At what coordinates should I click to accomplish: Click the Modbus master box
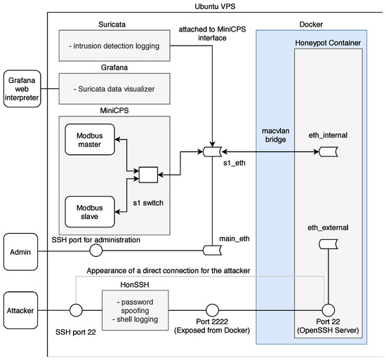pyautogui.click(x=90, y=140)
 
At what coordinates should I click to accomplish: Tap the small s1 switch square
pyautogui.click(x=147, y=173)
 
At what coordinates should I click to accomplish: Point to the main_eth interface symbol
pyautogui.click(x=212, y=251)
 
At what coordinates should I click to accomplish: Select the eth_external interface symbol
pyautogui.click(x=328, y=244)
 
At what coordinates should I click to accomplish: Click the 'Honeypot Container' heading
pyautogui.click(x=328, y=44)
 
